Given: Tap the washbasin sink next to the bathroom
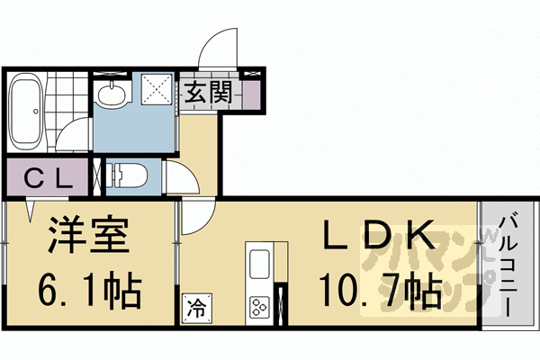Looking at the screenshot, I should pos(112,93).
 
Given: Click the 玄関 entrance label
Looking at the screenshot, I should pos(211,93).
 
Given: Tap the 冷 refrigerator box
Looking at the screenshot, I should pos(195,307).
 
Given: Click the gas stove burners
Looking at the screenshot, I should pos(260,306).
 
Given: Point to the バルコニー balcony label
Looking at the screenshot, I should pos(508,261).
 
